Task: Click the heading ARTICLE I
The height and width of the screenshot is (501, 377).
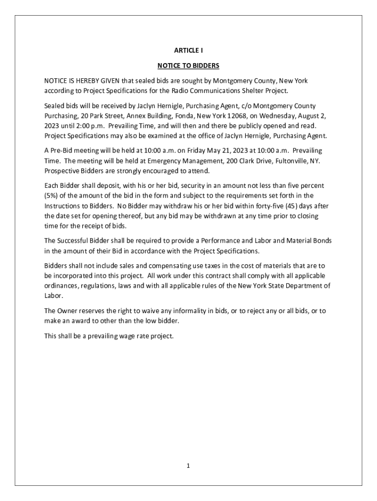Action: (188, 50)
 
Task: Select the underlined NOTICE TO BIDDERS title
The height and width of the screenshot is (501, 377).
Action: (188, 65)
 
